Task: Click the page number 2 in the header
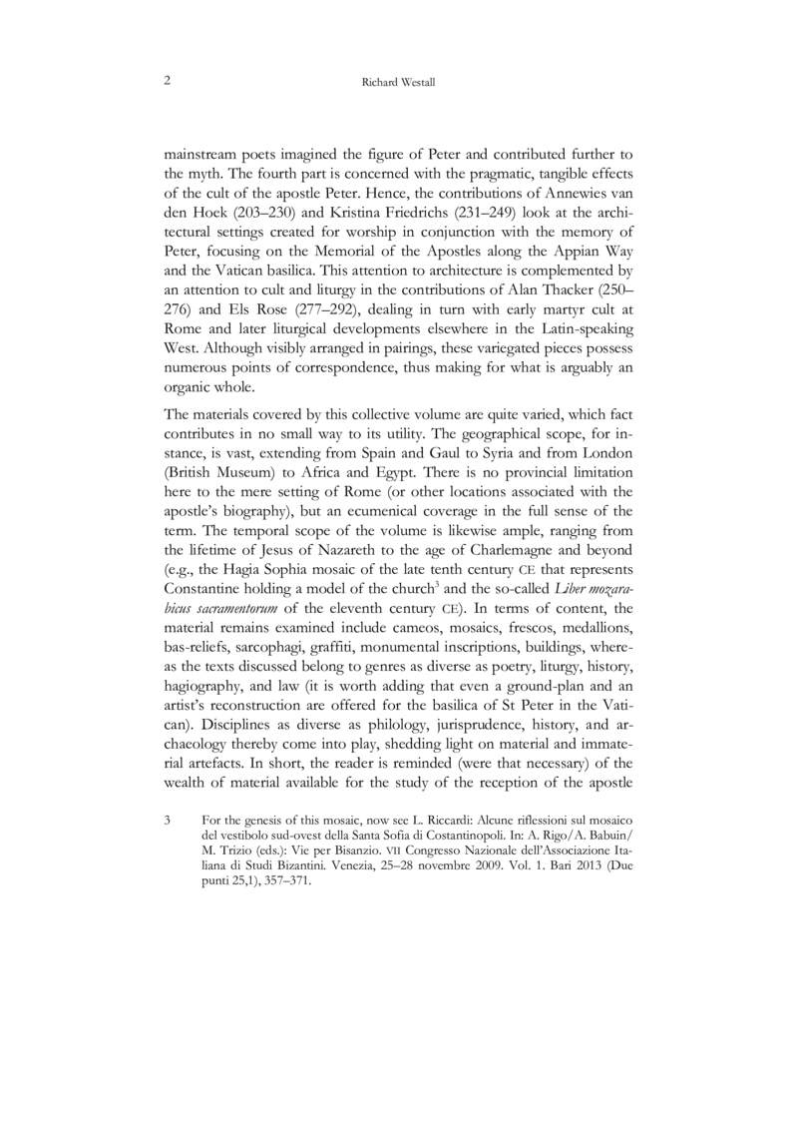tap(165, 83)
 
